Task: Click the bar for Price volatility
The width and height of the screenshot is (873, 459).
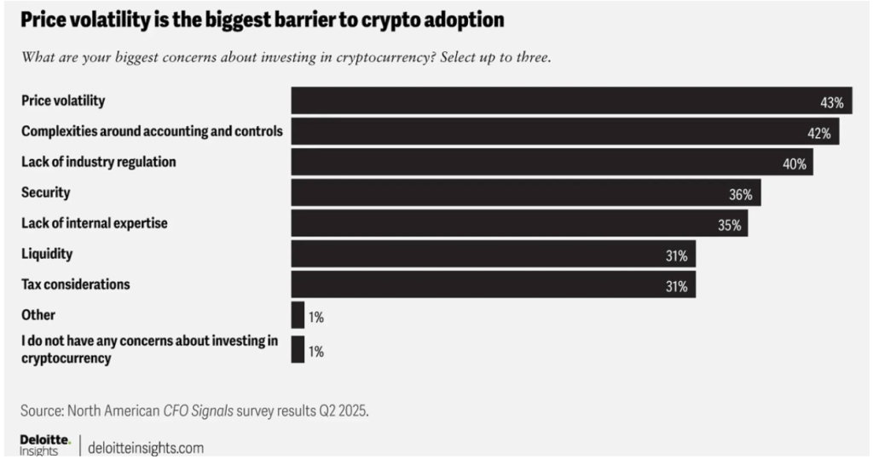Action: tap(571, 100)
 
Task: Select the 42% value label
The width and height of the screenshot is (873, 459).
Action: tap(819, 132)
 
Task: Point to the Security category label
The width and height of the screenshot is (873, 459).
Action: tap(45, 193)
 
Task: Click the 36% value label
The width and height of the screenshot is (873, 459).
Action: tap(740, 194)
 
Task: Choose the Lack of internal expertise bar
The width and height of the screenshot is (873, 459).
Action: tap(519, 224)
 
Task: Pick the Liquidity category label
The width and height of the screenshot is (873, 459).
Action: tap(47, 254)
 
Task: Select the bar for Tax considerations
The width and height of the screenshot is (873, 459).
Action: tap(494, 285)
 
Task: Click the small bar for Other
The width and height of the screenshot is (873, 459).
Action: tap(298, 316)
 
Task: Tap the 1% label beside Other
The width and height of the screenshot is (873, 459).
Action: tap(316, 317)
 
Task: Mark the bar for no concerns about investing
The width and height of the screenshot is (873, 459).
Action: tap(298, 349)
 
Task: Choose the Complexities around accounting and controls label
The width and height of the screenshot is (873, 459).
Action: tap(152, 131)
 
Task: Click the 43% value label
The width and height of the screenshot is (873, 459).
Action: tap(831, 102)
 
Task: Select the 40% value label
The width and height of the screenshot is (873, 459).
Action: tap(795, 164)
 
